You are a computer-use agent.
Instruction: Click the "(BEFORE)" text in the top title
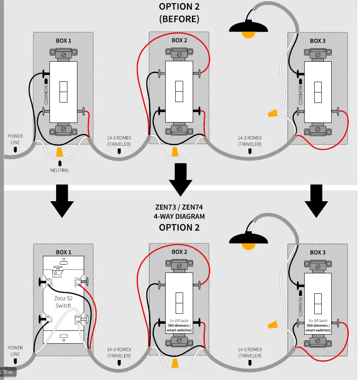pos(179,19)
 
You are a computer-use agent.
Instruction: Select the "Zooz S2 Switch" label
pos(63,302)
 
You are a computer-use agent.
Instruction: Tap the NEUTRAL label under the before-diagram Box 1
pos(60,170)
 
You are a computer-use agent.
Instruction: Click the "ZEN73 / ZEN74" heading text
pos(179,207)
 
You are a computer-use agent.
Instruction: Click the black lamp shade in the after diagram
pos(248,238)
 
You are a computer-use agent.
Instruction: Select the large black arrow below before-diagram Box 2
pos(180,179)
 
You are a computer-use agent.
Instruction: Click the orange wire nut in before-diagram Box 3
pos(273,112)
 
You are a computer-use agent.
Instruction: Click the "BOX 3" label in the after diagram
pos(318,252)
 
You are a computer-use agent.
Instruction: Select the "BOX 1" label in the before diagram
pos(64,41)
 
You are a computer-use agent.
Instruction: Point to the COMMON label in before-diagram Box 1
pos(46,95)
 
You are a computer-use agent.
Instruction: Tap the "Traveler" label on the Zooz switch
pos(76,282)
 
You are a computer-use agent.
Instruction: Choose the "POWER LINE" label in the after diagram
pos(15,350)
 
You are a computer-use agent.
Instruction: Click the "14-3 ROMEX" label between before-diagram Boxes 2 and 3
pos(250,140)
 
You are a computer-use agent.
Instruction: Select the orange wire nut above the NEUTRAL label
pos(60,152)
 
